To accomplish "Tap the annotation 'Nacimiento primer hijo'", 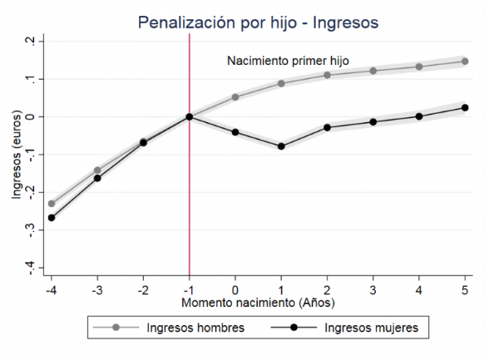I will [288, 61].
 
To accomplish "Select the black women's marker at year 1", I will [281, 146].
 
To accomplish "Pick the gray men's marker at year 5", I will [465, 62].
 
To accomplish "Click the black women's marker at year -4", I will [52, 218].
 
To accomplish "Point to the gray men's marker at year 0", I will [235, 97].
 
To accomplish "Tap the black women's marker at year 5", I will [465, 107].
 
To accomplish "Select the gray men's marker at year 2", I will [328, 76].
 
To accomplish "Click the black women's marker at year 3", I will [373, 122].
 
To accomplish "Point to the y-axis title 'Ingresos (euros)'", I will [17, 155].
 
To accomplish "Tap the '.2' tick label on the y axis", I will [30, 42].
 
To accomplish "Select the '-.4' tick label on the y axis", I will [30, 265].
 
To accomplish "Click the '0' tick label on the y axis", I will [30, 116].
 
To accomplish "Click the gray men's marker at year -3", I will [97, 170].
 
